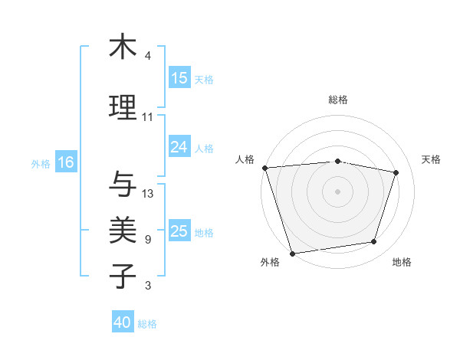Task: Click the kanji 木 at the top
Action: pyautogui.click(x=123, y=47)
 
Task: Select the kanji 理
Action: pyautogui.click(x=123, y=108)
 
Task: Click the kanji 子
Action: pyautogui.click(x=123, y=277)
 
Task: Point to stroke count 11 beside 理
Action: pyautogui.click(x=147, y=117)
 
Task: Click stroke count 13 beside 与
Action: pyautogui.click(x=148, y=194)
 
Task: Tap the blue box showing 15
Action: pyautogui.click(x=179, y=78)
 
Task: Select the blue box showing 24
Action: pyautogui.click(x=179, y=147)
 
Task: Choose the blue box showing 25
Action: pyautogui.click(x=179, y=231)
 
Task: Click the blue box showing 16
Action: pyautogui.click(x=66, y=162)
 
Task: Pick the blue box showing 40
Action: pyautogui.click(x=123, y=322)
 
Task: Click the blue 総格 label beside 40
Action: pyautogui.click(x=147, y=324)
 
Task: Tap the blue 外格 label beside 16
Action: pyautogui.click(x=41, y=163)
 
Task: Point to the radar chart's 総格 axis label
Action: pyautogui.click(x=338, y=100)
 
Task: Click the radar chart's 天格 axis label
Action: pyautogui.click(x=432, y=159)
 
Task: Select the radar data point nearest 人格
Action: pyautogui.click(x=264, y=168)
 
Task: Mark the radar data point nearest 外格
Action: pyautogui.click(x=292, y=253)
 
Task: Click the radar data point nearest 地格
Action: pyautogui.click(x=374, y=242)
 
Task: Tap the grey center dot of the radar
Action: pyautogui.click(x=338, y=191)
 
